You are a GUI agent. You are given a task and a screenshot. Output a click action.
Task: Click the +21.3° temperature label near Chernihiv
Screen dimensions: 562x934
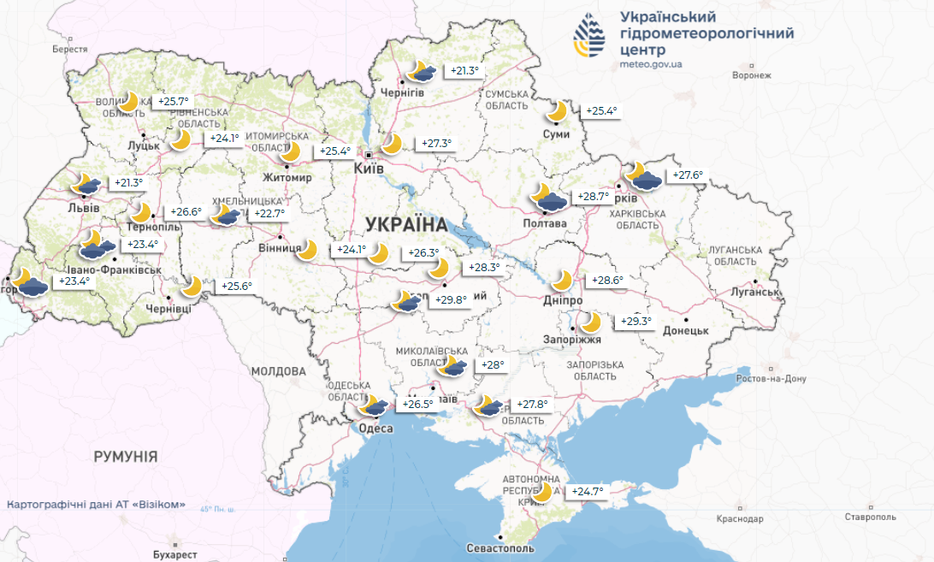point(464,71)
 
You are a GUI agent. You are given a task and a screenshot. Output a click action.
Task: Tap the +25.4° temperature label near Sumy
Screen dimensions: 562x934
point(600,111)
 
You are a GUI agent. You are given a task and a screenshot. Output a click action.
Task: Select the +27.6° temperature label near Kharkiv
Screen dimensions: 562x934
point(687,176)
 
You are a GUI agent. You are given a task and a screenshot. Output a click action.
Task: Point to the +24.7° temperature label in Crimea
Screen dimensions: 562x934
point(588,492)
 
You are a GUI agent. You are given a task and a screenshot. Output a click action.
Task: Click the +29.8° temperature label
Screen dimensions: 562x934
point(451,300)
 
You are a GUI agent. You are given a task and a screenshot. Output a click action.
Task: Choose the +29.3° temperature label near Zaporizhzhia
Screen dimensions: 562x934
point(635,322)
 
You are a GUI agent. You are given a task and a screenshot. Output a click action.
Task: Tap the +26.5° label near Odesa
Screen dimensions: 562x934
point(418,405)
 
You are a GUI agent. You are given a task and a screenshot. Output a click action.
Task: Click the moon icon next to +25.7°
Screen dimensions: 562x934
point(129,102)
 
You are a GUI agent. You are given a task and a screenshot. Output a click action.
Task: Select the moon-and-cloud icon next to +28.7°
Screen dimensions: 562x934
point(547,197)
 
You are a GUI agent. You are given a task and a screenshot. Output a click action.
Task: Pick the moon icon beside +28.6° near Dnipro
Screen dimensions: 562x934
point(563,280)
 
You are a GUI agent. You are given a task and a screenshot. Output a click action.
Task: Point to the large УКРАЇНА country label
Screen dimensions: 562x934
point(406,225)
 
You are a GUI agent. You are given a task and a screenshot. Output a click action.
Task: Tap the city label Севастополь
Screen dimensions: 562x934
point(501,547)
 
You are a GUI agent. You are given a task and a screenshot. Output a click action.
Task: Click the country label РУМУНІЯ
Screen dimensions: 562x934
point(126,457)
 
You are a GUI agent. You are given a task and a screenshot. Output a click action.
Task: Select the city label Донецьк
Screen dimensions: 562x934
point(685,330)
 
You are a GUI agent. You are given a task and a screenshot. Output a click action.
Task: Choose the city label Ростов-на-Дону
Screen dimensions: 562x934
point(771,379)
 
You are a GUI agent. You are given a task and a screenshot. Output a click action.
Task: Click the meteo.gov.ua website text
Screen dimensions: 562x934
point(650,65)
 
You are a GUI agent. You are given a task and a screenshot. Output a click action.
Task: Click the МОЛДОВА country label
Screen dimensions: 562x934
point(278,371)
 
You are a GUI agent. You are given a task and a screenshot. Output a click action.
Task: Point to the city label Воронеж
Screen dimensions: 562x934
point(753,76)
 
